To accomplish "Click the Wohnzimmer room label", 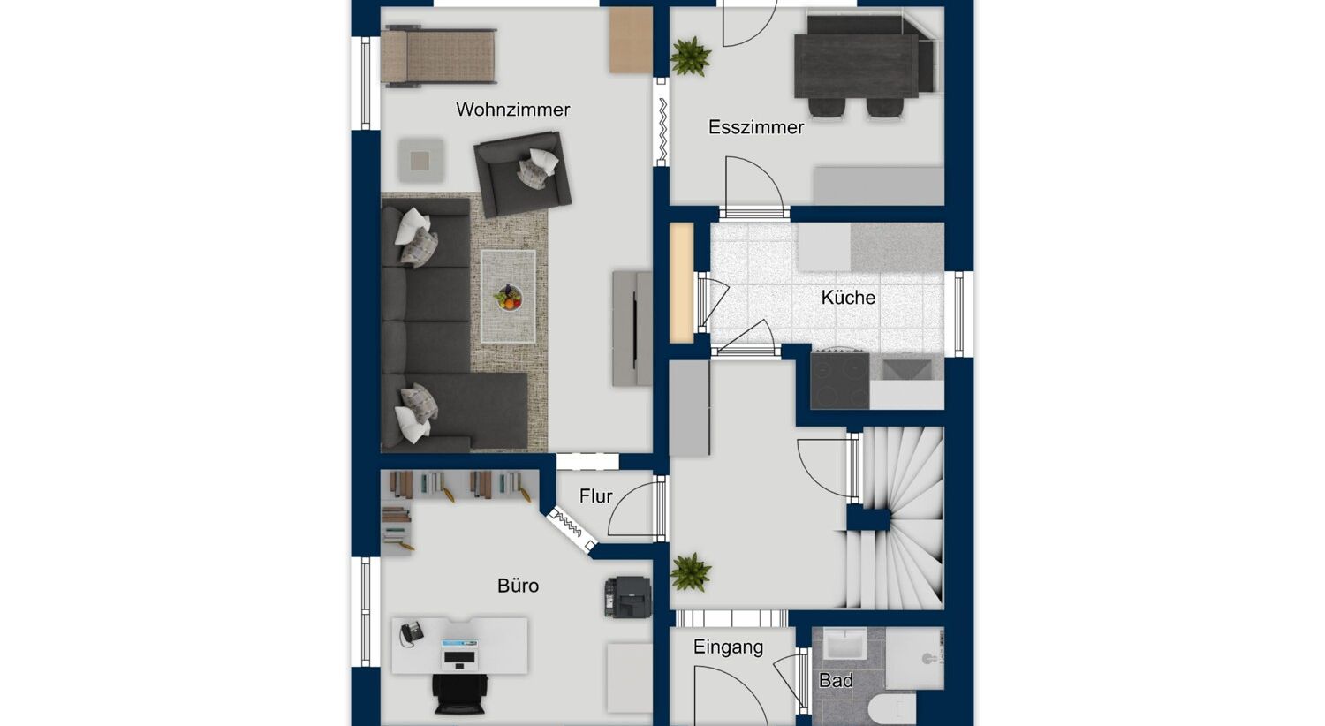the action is [513, 110].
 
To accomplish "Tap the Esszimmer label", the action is [756, 127].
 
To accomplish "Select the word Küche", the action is [848, 297].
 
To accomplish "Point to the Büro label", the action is [518, 586].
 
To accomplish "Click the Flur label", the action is [595, 496].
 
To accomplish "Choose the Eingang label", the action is [728, 647].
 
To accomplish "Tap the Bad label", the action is [836, 680].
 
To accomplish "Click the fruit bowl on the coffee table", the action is [508, 297].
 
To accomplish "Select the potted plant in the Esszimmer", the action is [690, 57].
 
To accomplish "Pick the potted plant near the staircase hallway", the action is [690, 571].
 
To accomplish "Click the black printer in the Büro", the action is [627, 597].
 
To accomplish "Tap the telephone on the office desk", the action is [411, 633].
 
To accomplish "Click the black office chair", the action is [460, 694].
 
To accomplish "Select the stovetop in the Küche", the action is [840, 380].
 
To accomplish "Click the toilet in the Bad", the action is [894, 709].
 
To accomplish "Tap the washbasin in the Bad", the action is [844, 644].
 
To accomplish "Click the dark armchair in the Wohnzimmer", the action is [522, 174].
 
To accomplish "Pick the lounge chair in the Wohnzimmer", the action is [438, 57].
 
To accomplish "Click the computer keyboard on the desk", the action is [459, 657].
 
